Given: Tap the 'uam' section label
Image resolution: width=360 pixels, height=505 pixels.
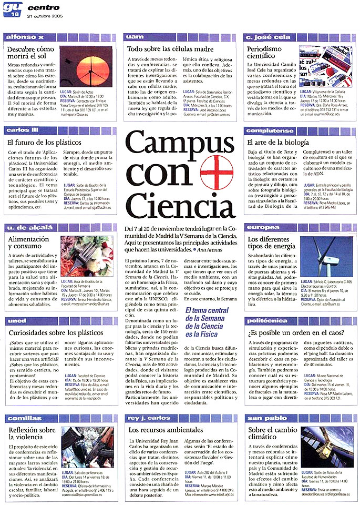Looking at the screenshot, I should pos(135,37).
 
